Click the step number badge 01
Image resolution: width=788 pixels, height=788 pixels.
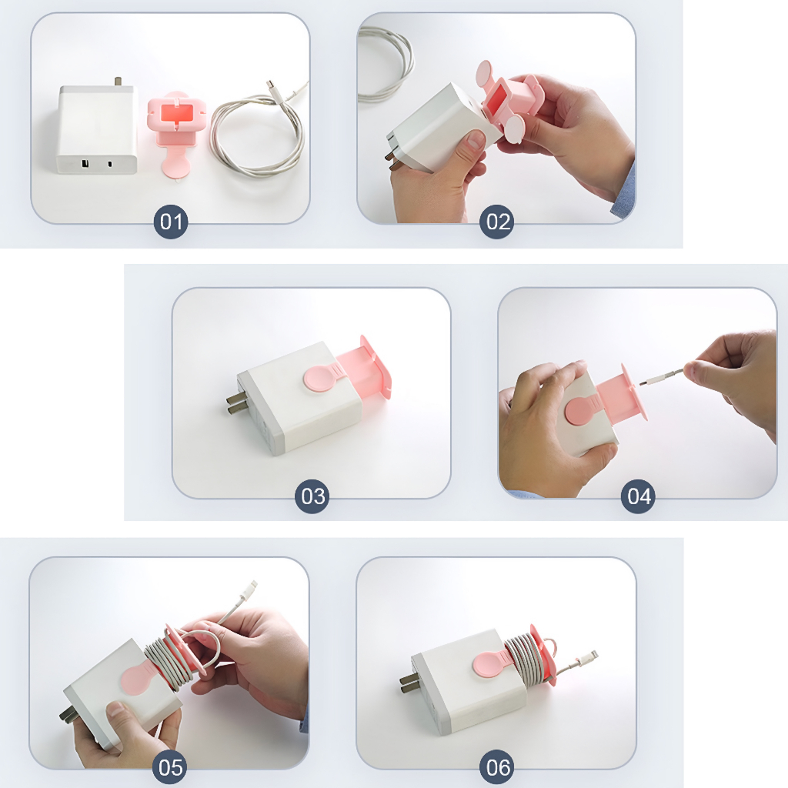[171, 222]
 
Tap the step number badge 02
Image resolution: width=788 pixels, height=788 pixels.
[497, 222]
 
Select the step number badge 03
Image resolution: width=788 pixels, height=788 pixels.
[312, 496]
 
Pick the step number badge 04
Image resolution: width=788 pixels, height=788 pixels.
[638, 496]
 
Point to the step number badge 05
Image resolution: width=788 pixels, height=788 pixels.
[170, 767]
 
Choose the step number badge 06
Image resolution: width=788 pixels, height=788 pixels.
[498, 767]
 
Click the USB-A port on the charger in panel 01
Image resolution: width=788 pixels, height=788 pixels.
[85, 163]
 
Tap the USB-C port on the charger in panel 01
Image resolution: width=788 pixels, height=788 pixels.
[110, 163]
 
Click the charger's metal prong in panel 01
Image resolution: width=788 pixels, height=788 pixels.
[119, 82]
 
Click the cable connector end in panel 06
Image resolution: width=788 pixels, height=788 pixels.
[589, 658]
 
